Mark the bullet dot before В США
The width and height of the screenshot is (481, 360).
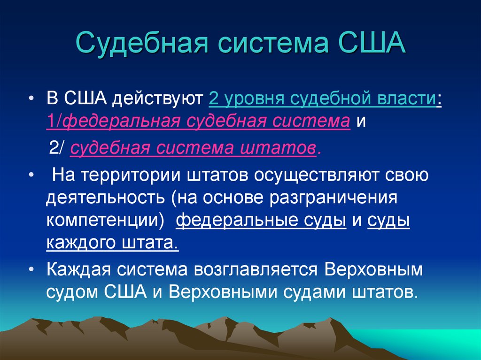coord(31,100)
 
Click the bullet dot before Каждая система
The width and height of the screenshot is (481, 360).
coord(31,270)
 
